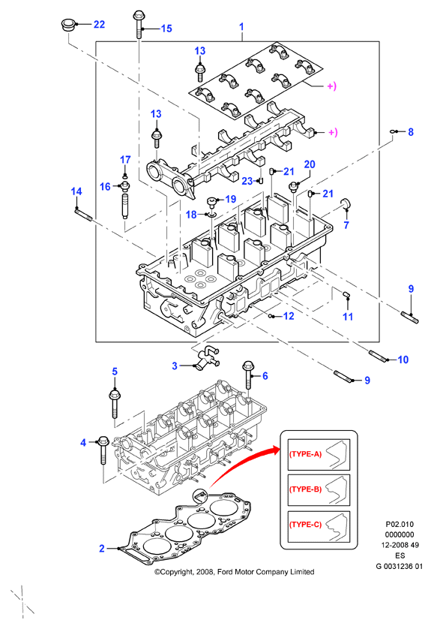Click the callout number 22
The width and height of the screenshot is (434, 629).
point(99,25)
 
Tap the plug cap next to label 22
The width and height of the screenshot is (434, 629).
point(67,25)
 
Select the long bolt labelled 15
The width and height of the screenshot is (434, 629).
point(138,25)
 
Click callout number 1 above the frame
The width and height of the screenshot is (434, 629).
point(241,27)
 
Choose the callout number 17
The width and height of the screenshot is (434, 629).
point(125,160)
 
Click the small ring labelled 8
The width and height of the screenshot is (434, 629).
point(394,131)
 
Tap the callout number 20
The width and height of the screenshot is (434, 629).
point(310,164)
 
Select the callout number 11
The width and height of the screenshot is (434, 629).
point(348,317)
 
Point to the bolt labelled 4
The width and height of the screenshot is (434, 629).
point(103,450)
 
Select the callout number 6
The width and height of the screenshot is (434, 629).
point(265,376)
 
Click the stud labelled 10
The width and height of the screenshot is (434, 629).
point(379,356)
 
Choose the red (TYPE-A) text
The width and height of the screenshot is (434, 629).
point(305,454)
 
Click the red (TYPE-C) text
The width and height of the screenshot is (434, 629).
point(305,525)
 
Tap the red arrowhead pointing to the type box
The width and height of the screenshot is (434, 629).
point(275,450)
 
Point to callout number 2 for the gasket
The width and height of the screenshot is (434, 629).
point(102,549)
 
